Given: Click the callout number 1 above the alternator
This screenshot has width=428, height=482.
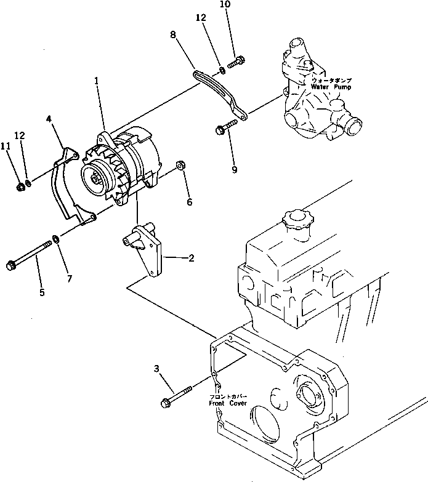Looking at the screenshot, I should click(96, 81).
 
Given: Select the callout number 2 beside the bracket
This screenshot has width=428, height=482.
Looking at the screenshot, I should click(192, 258).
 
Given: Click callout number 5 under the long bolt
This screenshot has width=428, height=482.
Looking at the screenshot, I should click(42, 292).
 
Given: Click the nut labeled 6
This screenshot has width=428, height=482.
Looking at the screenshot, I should click(181, 165).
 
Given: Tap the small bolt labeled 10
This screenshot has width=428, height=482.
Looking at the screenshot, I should click(237, 62).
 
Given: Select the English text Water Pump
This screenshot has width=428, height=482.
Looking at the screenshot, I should click(333, 87).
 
